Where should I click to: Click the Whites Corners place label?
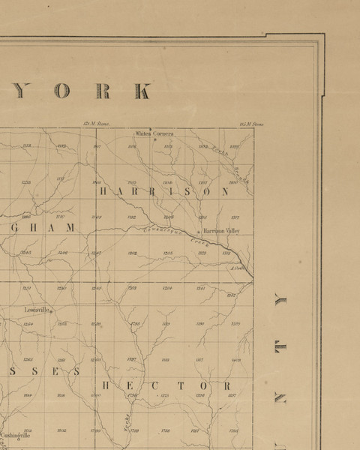pos(154,133)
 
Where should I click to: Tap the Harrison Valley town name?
pos(220,230)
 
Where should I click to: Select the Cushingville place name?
pos(14,434)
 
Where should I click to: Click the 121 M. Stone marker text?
pos(97,124)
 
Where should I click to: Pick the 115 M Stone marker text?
pos(251,124)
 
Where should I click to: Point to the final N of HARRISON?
pos(224,192)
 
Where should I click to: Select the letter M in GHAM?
pos(71,226)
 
